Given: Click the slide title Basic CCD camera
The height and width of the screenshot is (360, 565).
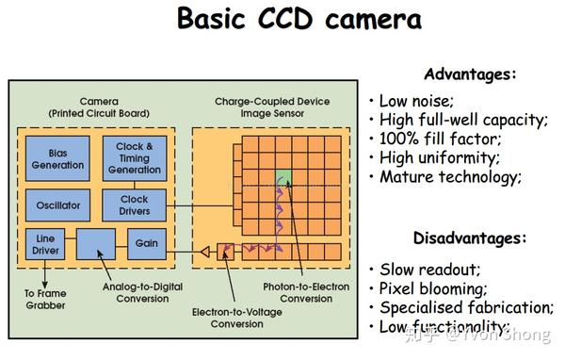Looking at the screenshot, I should click(x=299, y=21).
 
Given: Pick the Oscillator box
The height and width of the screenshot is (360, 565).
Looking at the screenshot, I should click(x=57, y=205).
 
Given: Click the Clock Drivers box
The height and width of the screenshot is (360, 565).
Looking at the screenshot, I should click(x=135, y=205).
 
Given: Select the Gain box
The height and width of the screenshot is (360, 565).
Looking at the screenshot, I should click(x=146, y=244).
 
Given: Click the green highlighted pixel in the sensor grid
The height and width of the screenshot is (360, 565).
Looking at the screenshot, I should click(x=284, y=177).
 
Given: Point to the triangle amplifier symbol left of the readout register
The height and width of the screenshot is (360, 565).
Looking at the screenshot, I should click(x=202, y=252).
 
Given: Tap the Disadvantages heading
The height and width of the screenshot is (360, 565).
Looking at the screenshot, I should click(x=469, y=238).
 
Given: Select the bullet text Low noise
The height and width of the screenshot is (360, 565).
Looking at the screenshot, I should click(x=418, y=101).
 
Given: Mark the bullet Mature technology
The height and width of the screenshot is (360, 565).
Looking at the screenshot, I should click(x=450, y=176).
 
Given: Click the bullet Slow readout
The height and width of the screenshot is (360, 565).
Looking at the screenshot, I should click(x=428, y=270).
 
